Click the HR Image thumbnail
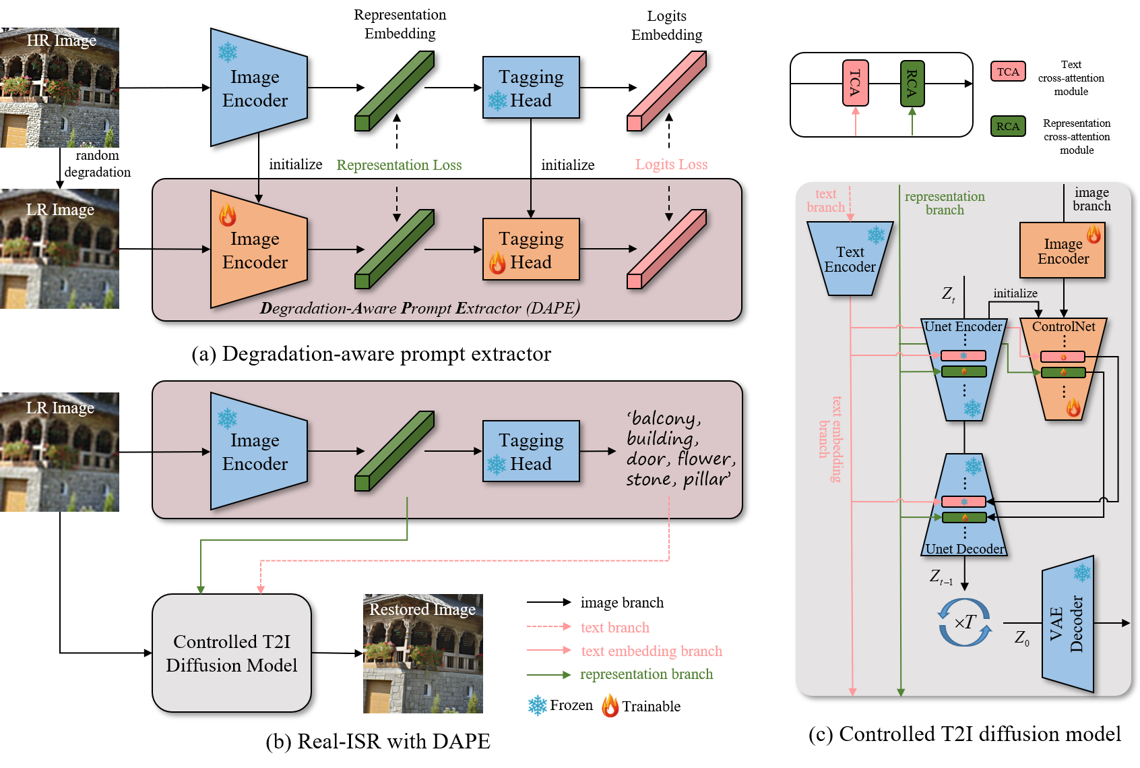59,88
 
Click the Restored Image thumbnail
422,653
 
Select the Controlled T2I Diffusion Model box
231,653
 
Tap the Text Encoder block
850,259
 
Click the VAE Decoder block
1067,624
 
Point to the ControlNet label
1063,326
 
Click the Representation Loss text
399,165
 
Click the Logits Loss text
671,165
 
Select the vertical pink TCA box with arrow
855,83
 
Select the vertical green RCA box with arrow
912,84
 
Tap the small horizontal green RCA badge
1007,126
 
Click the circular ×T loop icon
965,622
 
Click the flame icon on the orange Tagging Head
497,262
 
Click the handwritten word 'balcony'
664,419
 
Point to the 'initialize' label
1015,293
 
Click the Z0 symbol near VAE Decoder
1021,638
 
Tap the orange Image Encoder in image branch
1063,251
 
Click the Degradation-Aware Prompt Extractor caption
419,308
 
